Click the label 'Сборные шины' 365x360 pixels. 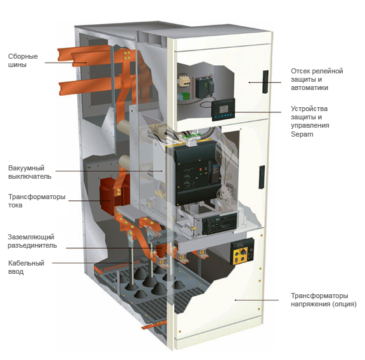coord(23,60)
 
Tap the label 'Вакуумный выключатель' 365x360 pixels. coord(29,172)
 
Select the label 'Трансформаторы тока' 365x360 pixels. coord(37,200)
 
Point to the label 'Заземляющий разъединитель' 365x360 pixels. coord(32,241)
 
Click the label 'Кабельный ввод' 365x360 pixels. coord(26,267)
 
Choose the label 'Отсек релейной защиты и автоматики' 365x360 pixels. coord(317,79)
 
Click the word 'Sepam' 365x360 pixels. coord(302,134)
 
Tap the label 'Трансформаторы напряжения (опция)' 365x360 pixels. coord(324,300)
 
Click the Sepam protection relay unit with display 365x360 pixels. coord(223,110)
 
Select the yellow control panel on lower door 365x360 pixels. coord(242,252)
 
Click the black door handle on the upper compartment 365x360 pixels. coord(265,82)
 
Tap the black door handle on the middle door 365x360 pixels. coord(262,177)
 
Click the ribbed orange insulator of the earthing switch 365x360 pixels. coord(160,250)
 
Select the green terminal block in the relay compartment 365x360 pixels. coord(184,96)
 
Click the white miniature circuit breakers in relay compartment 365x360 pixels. coord(184,80)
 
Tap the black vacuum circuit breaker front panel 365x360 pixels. coord(198,172)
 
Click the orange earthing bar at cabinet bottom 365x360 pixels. coord(154,325)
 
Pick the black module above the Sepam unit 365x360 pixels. coord(204,87)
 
